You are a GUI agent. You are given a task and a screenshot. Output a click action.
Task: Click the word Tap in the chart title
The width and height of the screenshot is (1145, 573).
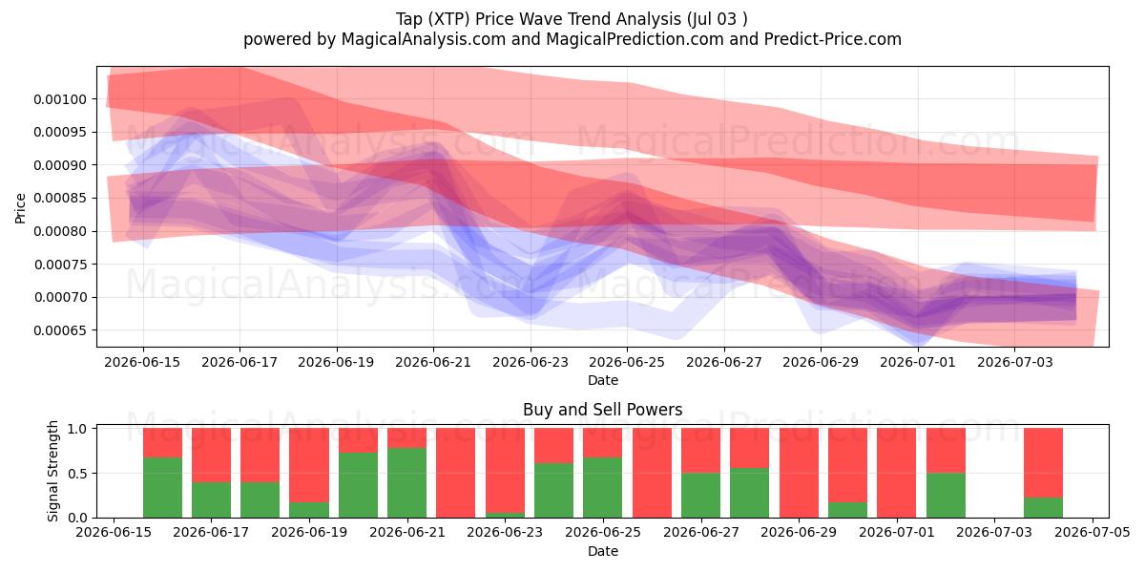click(x=409, y=19)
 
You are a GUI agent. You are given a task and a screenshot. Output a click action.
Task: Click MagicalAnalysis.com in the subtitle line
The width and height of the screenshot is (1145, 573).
click(x=424, y=39)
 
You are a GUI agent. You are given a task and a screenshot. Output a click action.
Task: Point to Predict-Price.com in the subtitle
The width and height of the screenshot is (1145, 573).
click(x=833, y=39)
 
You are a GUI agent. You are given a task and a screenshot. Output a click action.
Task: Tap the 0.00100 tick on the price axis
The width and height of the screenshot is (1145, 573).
click(x=60, y=99)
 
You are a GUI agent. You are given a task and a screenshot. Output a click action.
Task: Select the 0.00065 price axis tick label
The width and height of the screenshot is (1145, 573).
click(x=60, y=330)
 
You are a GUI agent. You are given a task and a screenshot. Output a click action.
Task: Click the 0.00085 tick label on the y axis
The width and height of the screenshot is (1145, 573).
click(x=60, y=199)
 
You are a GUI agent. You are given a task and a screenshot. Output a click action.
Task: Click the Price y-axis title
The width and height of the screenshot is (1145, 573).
click(x=20, y=208)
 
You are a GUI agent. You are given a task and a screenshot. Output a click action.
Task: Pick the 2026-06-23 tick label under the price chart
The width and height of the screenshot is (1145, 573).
click(x=531, y=362)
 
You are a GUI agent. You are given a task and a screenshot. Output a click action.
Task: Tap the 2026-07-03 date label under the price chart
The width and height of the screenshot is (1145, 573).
click(x=1014, y=362)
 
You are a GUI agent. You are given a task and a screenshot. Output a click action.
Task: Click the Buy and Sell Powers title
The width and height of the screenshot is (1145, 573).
click(x=603, y=410)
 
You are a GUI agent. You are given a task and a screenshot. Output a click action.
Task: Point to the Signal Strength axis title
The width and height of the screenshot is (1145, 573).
click(x=52, y=471)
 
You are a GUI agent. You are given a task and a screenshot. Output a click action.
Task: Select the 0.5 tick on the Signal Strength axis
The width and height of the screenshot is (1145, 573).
click(x=77, y=474)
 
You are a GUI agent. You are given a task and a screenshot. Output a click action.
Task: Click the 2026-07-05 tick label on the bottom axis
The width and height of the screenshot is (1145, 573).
click(x=1093, y=533)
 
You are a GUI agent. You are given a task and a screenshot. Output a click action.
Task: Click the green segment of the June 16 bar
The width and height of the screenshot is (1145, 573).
click(x=162, y=488)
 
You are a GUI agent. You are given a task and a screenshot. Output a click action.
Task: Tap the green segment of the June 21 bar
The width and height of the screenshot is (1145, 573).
click(x=406, y=483)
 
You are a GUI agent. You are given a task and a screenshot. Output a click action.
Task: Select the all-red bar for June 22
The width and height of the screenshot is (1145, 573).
click(x=455, y=473)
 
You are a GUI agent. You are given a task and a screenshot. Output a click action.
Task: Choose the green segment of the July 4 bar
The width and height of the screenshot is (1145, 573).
click(x=1043, y=507)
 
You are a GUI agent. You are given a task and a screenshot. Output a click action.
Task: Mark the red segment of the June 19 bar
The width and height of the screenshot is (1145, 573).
click(x=309, y=465)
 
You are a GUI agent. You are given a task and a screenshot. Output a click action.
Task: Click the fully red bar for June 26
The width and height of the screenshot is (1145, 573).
click(x=652, y=473)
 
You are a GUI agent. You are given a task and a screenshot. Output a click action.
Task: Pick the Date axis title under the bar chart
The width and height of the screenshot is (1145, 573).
click(x=603, y=552)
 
